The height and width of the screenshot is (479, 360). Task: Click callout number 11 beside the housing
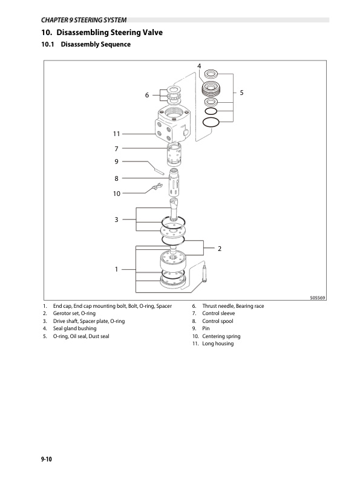point(116,133)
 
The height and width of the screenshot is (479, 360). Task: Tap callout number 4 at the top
point(199,65)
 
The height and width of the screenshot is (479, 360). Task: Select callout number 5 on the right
point(241,93)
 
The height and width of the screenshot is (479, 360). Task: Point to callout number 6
point(146,95)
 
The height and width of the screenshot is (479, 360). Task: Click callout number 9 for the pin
point(116,161)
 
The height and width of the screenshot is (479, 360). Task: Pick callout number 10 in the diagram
point(116,194)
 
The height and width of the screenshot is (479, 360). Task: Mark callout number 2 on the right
point(220,249)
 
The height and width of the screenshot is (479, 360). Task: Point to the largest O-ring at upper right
point(211,123)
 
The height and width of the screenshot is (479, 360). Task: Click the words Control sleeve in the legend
point(218,314)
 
